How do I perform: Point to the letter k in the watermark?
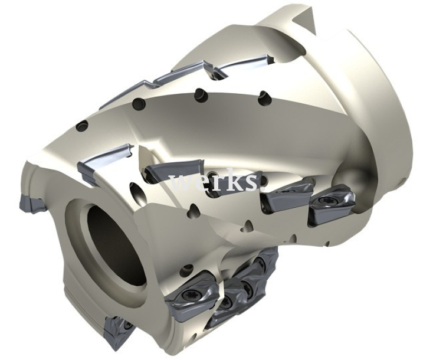[234, 180]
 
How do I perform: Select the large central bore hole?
[114, 242]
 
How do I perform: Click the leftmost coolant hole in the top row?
[83, 126]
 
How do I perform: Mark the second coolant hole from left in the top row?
[138, 105]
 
